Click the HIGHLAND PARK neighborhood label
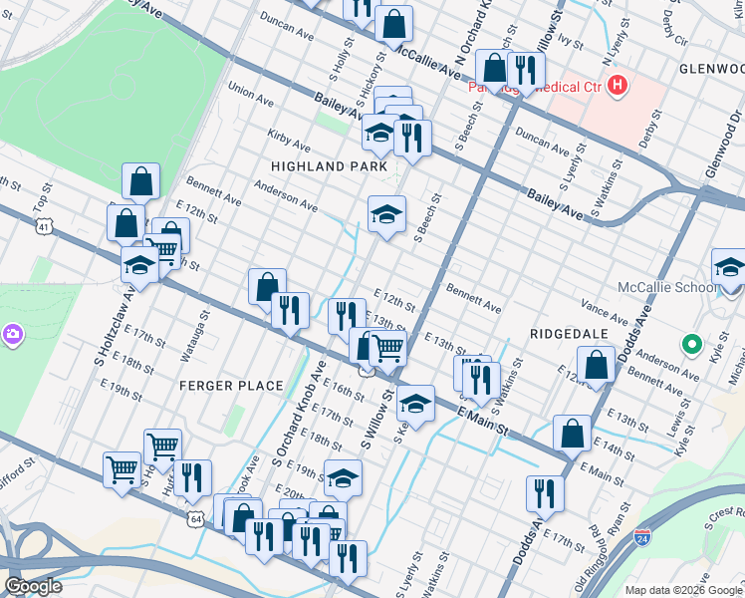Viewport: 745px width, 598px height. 328,166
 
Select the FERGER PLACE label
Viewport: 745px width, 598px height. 217,385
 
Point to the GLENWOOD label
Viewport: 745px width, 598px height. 711,69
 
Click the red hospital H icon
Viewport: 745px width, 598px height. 619,86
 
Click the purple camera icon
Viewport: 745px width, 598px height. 11,333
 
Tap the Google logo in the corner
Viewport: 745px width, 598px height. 33,586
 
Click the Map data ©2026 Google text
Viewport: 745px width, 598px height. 683,590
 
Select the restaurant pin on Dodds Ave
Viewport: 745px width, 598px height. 545,492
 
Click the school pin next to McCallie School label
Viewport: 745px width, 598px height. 729,268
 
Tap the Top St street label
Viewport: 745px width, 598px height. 42,199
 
